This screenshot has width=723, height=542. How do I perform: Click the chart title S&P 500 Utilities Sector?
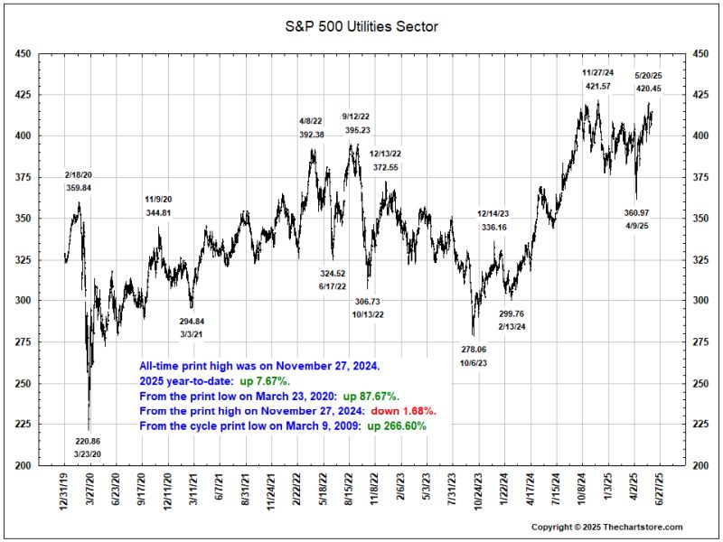point(361,27)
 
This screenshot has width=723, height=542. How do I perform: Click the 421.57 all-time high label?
point(597,87)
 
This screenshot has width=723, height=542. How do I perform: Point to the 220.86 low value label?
point(88,442)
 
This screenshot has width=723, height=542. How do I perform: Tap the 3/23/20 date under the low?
point(88,454)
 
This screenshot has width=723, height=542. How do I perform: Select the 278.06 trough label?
point(474,349)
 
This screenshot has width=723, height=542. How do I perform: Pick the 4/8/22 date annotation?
point(311,121)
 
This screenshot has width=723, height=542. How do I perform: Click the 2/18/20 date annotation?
point(79,174)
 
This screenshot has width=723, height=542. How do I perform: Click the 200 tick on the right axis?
point(700,466)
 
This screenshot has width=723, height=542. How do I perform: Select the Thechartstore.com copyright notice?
point(606,527)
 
